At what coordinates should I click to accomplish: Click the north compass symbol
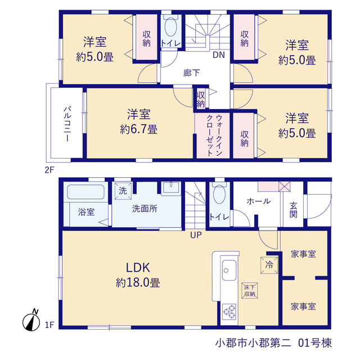[31, 321]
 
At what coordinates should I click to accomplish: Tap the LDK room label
[138, 268]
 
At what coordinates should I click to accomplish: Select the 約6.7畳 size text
[139, 129]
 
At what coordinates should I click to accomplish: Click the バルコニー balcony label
[67, 124]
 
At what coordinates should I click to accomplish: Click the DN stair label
[219, 55]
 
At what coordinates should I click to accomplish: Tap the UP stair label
[196, 235]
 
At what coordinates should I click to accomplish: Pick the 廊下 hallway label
[191, 73]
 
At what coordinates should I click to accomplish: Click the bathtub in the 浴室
[85, 192]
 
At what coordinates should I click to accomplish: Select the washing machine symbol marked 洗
[123, 191]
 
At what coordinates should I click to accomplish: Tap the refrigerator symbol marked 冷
[269, 265]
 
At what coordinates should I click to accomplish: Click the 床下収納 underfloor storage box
[250, 290]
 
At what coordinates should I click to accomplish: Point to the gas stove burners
[229, 311]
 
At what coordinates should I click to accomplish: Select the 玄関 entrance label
[294, 210]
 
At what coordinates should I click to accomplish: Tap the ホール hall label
[259, 201]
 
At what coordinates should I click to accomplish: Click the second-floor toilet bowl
[170, 27]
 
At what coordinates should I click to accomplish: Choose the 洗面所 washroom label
[145, 209]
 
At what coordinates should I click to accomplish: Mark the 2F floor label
[49, 170]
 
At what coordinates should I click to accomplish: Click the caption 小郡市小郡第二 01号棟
[273, 343]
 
